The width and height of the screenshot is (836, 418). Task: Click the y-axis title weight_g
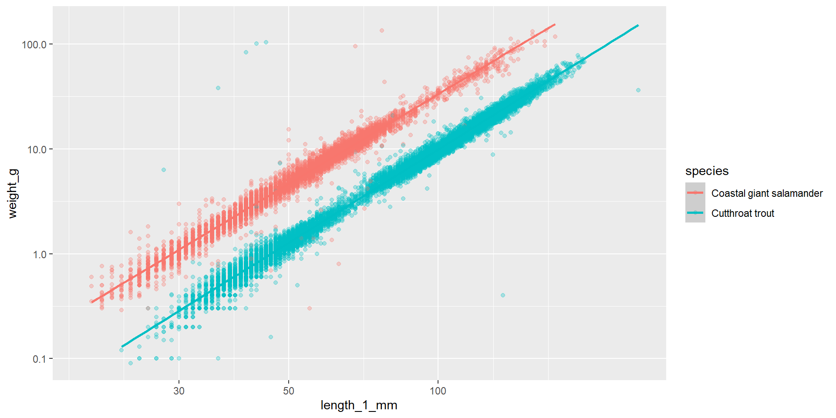coord(13,194)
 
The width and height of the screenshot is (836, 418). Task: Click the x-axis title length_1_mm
coord(359,405)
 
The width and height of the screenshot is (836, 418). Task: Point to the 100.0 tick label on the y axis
coord(34,44)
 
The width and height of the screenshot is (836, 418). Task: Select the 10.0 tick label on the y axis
coord(36,149)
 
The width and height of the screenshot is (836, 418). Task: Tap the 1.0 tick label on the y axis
coord(39,254)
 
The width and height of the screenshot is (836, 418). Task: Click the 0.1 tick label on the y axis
coord(39,359)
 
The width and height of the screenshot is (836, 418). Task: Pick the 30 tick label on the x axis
coord(179,391)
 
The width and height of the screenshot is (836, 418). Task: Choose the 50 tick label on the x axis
coord(288,391)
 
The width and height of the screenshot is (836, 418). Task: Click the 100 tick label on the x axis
coord(438,391)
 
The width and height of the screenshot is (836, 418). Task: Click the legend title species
coord(707,171)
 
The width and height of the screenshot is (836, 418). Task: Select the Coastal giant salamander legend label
coord(767,193)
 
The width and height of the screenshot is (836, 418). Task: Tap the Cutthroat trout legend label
coord(742,213)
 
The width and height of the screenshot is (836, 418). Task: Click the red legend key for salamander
coord(695,193)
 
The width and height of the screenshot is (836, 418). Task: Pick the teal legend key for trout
coord(695,213)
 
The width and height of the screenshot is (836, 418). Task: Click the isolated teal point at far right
coord(638,91)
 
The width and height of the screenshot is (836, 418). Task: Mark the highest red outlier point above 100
coord(381,30)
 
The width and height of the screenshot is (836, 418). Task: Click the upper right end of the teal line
coord(638,25)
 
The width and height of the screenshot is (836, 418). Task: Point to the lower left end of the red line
coord(91,302)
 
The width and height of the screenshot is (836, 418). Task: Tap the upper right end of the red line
coord(555,24)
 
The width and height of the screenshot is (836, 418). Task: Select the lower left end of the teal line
coord(122,347)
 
